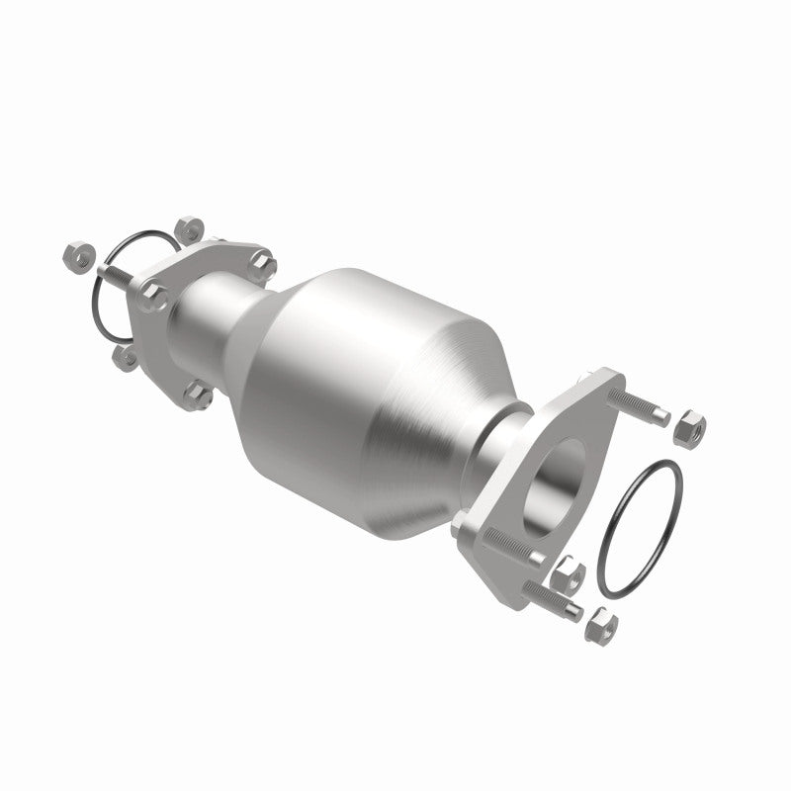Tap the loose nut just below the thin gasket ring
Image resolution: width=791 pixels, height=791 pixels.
pyautogui.click(x=126, y=359)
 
